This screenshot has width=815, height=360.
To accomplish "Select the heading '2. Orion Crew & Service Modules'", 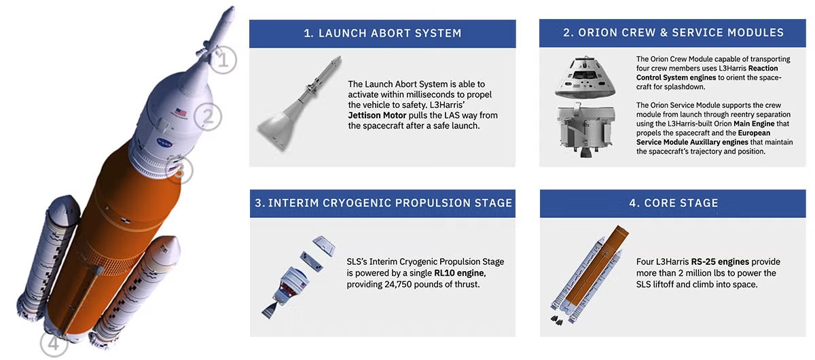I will pyautogui.click(x=673, y=33).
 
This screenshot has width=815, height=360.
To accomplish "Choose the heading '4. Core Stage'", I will pyautogui.click(x=673, y=203).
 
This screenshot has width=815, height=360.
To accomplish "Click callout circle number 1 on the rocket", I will pyautogui.click(x=222, y=59).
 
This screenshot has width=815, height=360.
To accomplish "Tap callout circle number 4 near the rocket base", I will pyautogui.click(x=54, y=344).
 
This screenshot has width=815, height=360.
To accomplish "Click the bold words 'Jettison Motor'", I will pyautogui.click(x=380, y=115).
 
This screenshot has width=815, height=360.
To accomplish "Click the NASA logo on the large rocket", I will pyautogui.click(x=165, y=143).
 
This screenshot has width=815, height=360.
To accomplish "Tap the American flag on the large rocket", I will pyautogui.click(x=180, y=112).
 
